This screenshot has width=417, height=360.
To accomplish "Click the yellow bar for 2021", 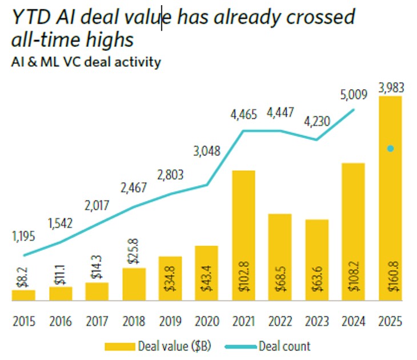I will (x=243, y=235).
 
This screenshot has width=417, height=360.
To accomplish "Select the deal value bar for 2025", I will (x=391, y=198).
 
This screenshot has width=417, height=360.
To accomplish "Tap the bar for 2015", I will (x=23, y=295).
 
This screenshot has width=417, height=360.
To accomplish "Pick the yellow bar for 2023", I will (x=317, y=259).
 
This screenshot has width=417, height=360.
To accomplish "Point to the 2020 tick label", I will (x=207, y=322).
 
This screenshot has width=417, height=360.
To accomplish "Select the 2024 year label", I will (x=354, y=322).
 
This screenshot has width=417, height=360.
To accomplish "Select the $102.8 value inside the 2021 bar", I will (x=244, y=277).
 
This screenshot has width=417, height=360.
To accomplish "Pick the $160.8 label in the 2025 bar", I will (x=391, y=277).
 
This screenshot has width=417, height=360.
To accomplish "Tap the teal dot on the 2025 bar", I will (x=391, y=149).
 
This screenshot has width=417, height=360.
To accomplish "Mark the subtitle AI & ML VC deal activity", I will (x=86, y=62).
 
